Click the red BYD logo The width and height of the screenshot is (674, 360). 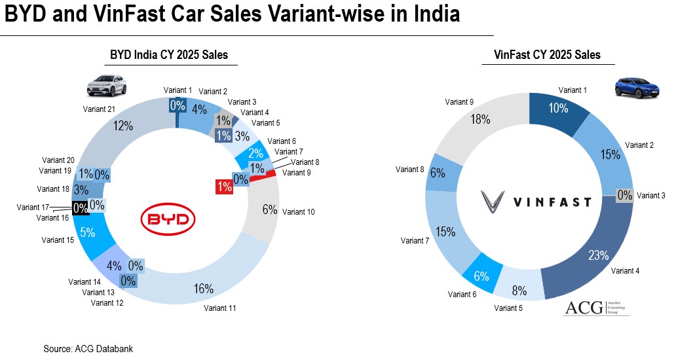pyautogui.click(x=169, y=220)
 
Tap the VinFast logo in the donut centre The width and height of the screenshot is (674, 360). pyautogui.click(x=535, y=201)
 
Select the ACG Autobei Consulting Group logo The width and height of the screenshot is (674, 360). pyautogui.click(x=596, y=307)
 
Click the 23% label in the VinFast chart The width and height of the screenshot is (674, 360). pyautogui.click(x=597, y=255)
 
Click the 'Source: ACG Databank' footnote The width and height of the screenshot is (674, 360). pyautogui.click(x=88, y=349)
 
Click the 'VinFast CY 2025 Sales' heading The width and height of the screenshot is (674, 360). pyautogui.click(x=550, y=55)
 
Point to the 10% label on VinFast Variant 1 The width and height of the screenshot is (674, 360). pyautogui.click(x=558, y=108)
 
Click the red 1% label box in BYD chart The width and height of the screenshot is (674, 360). pyautogui.click(x=225, y=187)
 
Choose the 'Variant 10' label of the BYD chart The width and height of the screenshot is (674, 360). pyautogui.click(x=299, y=212)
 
